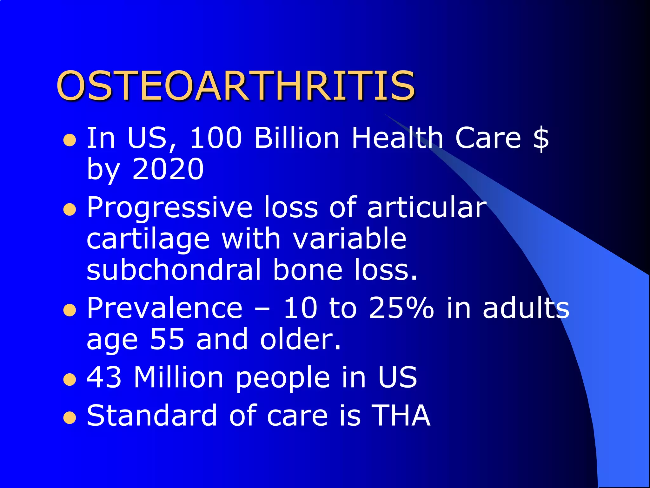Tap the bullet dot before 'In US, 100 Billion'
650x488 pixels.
70,140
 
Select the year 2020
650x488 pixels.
168,169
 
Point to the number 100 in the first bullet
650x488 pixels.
216,138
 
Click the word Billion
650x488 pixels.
297,138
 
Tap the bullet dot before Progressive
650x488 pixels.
70,210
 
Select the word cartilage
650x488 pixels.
148,240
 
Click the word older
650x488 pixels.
300,339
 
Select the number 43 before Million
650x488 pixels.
104,377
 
